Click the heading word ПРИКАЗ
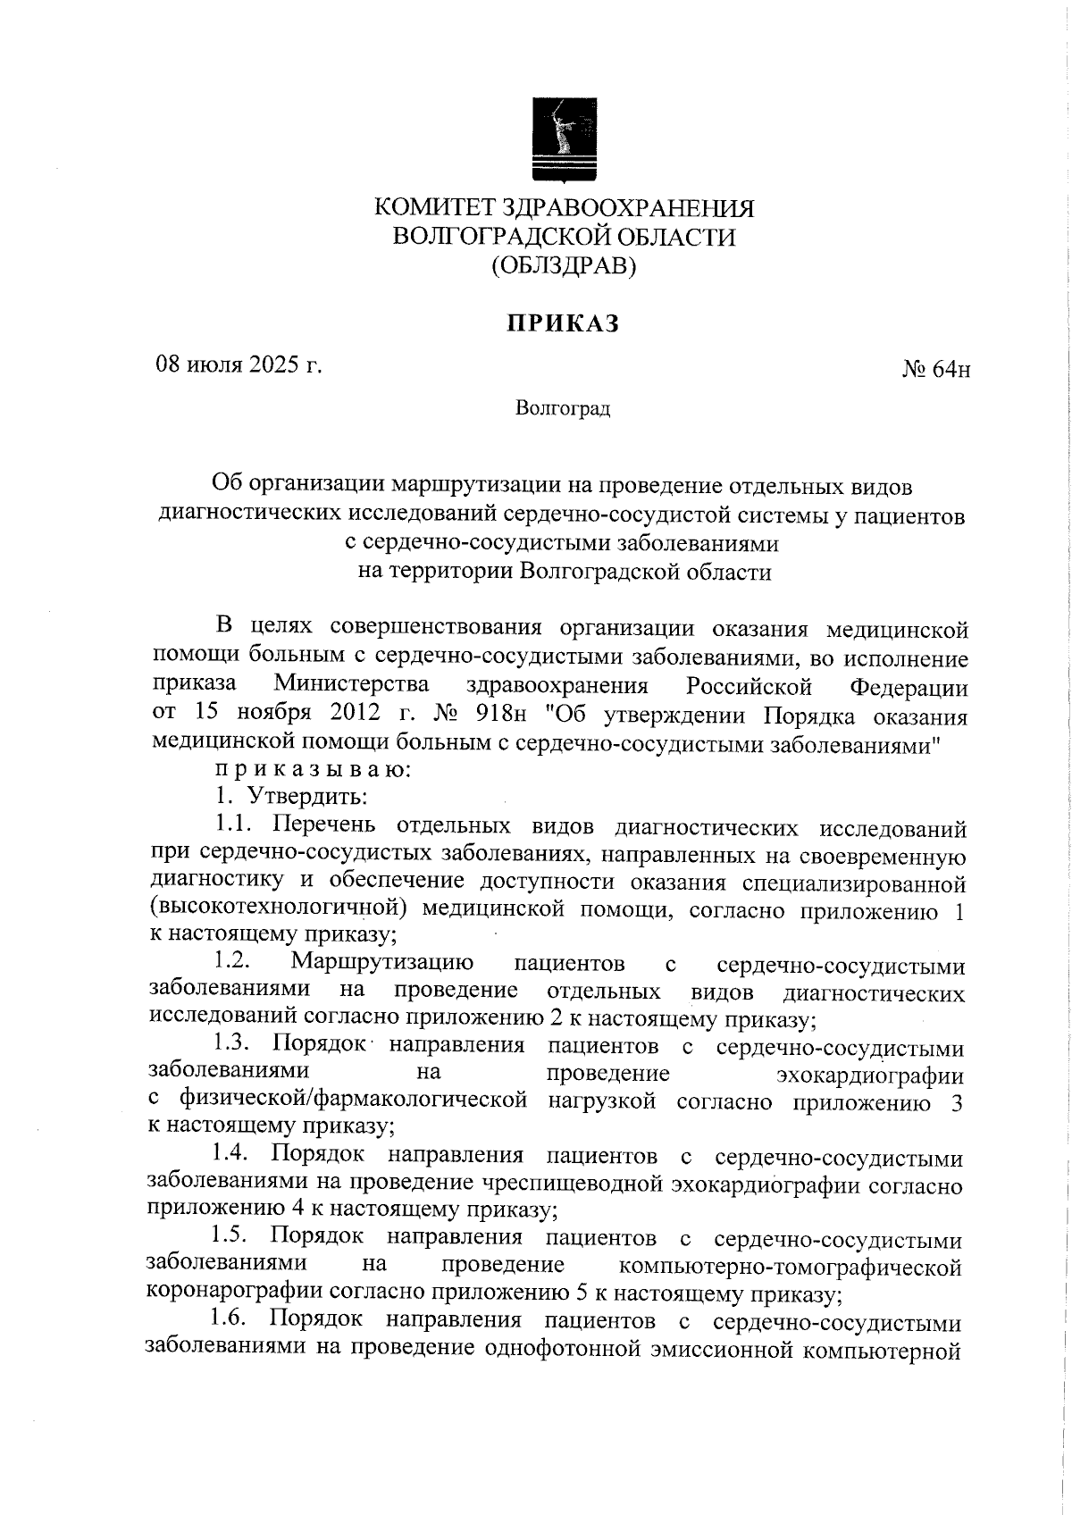[564, 324]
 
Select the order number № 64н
[936, 369]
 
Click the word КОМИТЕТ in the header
[433, 208]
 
